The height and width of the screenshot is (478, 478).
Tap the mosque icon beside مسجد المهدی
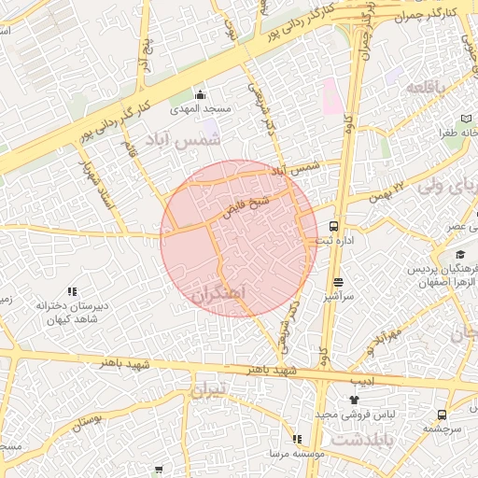point(199,94)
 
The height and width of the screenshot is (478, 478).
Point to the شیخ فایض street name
point(247,204)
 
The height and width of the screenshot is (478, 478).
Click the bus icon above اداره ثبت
point(334,226)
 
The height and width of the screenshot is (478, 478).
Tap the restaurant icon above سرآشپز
point(338,282)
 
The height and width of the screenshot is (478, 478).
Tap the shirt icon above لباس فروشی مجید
point(353,400)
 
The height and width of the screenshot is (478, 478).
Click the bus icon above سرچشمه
point(442,415)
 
